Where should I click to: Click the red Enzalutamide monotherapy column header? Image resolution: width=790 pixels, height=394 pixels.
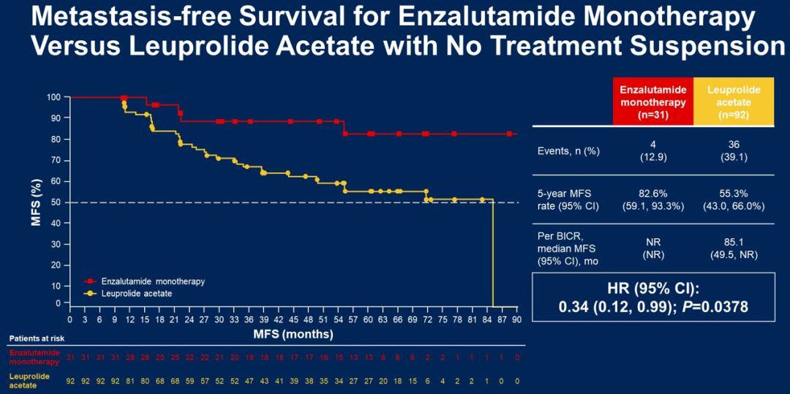pos(652,102)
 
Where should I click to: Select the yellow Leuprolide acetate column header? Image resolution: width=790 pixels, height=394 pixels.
pos(733,102)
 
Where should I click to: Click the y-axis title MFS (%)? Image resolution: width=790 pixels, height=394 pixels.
pos(36,199)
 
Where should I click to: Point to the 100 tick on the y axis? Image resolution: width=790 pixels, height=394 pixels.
pos(53,97)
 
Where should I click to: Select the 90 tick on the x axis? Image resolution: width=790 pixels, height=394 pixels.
pos(516,319)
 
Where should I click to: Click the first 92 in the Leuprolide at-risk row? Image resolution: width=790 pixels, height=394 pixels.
pos(70,381)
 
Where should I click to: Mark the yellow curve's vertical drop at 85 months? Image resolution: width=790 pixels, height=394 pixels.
pos(493,252)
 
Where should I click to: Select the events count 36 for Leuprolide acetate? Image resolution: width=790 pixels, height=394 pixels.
pos(734,145)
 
